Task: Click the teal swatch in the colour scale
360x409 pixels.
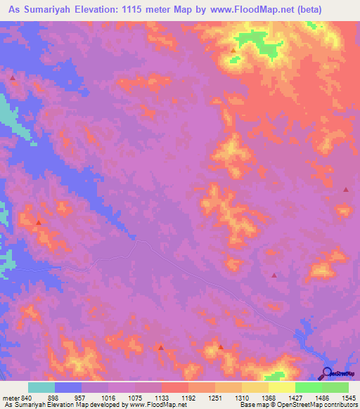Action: [41, 388]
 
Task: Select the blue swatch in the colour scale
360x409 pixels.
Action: [68, 388]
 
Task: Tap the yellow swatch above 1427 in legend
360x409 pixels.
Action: [281, 388]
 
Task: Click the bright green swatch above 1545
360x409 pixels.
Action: [335, 388]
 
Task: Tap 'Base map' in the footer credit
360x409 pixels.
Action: [253, 405]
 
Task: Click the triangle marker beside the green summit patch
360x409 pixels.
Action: [233, 50]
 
